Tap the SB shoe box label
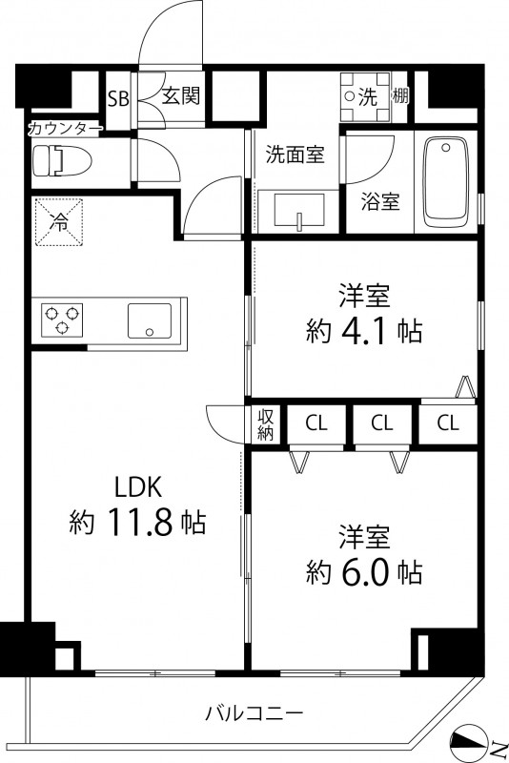click(x=118, y=97)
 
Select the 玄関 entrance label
click(x=179, y=96)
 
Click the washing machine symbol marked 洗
click(x=366, y=96)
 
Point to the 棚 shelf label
click(x=401, y=96)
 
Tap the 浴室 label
click(x=379, y=202)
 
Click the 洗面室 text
click(x=295, y=154)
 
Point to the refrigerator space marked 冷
click(x=59, y=223)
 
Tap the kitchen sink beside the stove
click(x=150, y=320)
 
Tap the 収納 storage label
click(x=265, y=424)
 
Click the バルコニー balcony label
click(x=254, y=712)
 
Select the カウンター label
click(x=65, y=128)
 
